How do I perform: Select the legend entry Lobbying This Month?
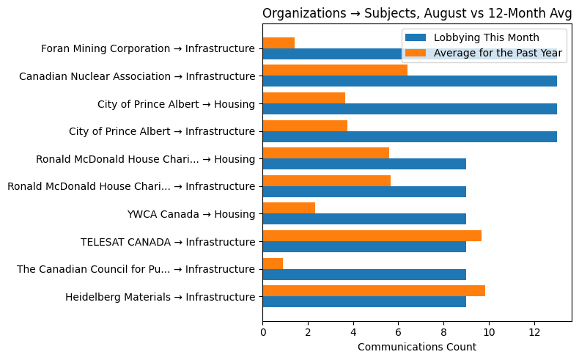click(486, 38)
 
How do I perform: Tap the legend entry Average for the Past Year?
click(498, 53)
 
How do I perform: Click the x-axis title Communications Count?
click(416, 347)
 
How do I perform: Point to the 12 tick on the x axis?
click(534, 332)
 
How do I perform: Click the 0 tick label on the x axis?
click(263, 332)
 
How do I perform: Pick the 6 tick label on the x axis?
click(398, 332)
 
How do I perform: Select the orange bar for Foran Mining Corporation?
click(279, 43)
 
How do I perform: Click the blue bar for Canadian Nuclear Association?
click(410, 81)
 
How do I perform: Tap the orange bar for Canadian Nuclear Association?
click(335, 70)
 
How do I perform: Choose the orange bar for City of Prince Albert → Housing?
click(303, 98)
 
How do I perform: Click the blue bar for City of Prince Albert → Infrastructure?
click(410, 136)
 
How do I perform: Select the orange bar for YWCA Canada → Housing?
click(289, 208)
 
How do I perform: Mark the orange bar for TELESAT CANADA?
click(372, 235)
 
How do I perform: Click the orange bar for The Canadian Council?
click(273, 263)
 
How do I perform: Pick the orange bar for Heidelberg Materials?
click(374, 291)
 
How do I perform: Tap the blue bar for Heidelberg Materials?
click(364, 301)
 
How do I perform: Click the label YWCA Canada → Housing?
click(191, 214)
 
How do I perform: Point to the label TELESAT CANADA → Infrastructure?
click(168, 241)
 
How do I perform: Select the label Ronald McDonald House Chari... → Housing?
click(145, 159)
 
